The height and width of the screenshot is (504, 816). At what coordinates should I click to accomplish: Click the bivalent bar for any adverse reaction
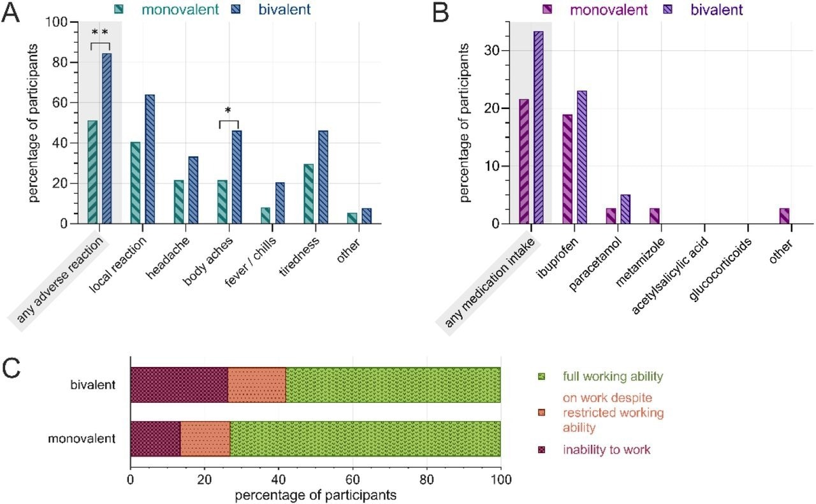tap(106, 138)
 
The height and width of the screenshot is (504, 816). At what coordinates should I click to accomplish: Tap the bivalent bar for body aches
tap(237, 177)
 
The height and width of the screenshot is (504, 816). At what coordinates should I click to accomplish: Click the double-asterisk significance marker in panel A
tap(100, 32)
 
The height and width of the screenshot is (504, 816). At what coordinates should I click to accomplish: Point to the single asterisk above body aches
tap(228, 110)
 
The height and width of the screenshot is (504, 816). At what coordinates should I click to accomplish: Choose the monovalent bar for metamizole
tap(654, 216)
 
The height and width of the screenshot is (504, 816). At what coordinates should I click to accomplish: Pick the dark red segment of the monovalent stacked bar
tap(156, 439)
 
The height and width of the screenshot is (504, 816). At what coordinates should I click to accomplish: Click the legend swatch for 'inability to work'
tap(543, 450)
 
